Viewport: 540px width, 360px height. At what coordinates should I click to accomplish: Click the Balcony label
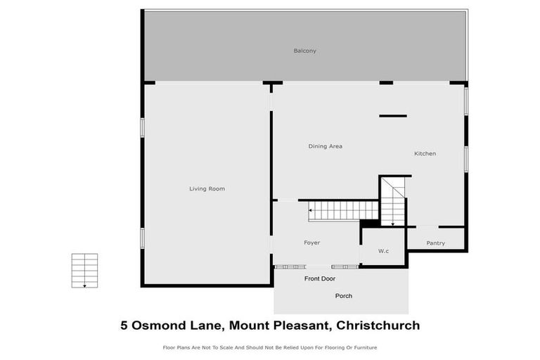click(305, 51)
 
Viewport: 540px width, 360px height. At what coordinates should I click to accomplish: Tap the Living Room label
click(207, 188)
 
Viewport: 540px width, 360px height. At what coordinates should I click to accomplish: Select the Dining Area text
click(325, 146)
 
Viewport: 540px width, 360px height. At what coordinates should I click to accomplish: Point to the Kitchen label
click(425, 153)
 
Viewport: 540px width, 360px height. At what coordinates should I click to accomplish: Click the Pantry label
click(435, 243)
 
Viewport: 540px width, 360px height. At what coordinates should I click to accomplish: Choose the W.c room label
click(383, 251)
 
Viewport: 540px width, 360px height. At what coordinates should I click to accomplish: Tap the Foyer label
click(311, 243)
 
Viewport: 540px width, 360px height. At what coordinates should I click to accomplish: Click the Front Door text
click(320, 279)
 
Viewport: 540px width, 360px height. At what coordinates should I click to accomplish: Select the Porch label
click(344, 296)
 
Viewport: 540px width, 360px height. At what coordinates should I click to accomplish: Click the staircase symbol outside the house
click(84, 271)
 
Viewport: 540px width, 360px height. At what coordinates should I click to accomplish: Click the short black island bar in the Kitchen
click(392, 116)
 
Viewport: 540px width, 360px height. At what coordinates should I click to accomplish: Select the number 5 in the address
click(124, 326)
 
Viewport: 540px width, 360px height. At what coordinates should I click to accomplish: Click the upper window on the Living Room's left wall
click(142, 127)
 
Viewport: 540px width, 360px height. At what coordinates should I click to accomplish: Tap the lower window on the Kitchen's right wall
click(465, 157)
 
